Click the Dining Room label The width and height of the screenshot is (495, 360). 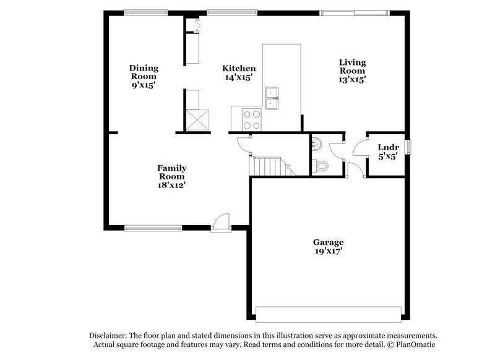144,68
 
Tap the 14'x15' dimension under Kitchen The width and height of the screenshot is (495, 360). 239,77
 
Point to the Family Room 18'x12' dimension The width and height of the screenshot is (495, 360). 171,184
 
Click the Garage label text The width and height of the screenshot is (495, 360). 328,242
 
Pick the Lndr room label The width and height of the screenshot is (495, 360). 388,147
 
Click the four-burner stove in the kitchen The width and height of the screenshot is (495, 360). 252,119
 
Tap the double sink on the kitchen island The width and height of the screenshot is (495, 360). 272,98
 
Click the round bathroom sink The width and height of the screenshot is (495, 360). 317,145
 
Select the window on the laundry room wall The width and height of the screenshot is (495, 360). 408,147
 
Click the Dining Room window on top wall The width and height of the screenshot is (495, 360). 145,12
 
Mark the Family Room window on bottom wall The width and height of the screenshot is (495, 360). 152,228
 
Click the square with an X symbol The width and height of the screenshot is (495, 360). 198,119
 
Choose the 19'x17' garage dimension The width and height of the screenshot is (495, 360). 328,251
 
